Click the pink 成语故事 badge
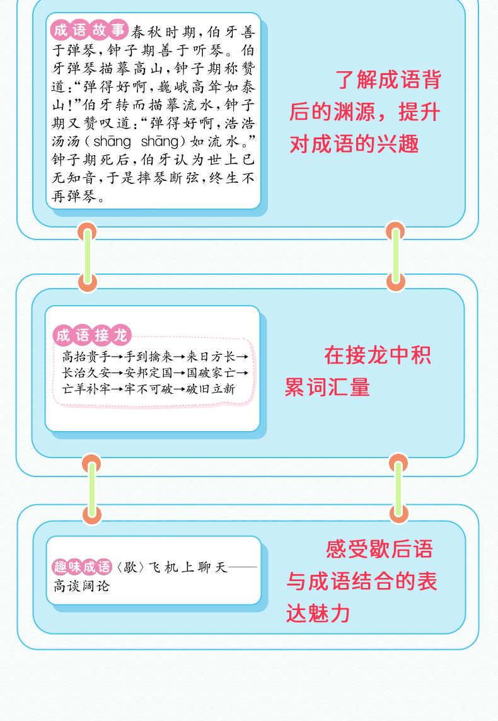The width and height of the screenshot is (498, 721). pyautogui.click(x=89, y=30)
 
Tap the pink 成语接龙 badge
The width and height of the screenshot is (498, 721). pyautogui.click(x=92, y=335)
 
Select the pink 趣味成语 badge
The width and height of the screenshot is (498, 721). pyautogui.click(x=82, y=567)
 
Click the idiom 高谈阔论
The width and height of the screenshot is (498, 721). pyautogui.click(x=81, y=586)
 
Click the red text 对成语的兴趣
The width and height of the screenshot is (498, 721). pyautogui.click(x=354, y=144)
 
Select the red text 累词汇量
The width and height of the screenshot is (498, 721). pyautogui.click(x=327, y=387)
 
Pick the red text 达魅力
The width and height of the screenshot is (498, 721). pyautogui.click(x=318, y=613)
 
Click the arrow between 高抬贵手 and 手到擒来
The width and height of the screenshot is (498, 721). pyautogui.click(x=118, y=357)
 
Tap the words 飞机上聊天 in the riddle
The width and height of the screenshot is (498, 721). pyautogui.click(x=188, y=567)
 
